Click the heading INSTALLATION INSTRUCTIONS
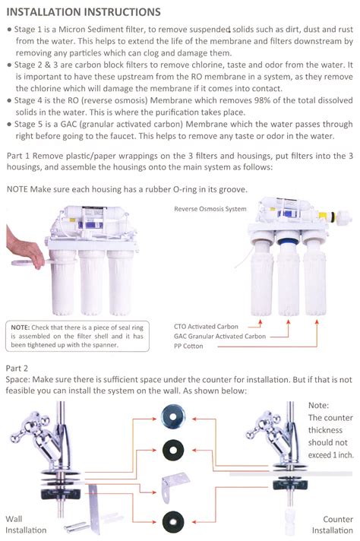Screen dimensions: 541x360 tap(83, 12)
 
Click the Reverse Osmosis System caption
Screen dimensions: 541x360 tap(210, 208)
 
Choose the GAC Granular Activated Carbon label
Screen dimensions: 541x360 tap(219, 336)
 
